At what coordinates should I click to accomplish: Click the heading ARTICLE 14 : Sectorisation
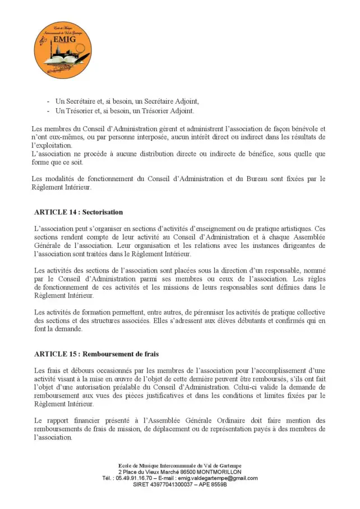tap(78, 212)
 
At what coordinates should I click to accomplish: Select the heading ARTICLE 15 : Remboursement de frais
tap(96, 354)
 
